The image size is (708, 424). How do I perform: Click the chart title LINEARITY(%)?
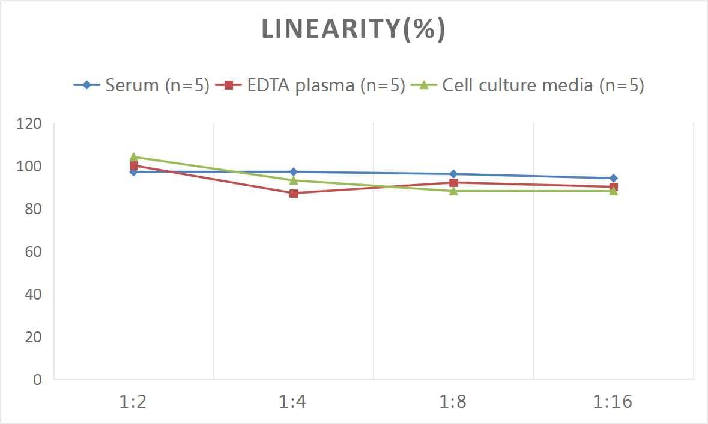click(354, 29)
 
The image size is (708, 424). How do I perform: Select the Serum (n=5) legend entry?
click(142, 85)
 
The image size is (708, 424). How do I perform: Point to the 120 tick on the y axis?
click(29, 124)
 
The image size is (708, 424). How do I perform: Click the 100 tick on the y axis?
click(29, 167)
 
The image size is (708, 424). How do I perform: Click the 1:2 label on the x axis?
click(133, 402)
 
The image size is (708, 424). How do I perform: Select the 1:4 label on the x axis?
click(293, 402)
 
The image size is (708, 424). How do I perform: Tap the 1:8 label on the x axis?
click(453, 402)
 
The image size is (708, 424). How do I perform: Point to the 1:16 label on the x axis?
click(613, 402)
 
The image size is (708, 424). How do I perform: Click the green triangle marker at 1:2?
click(133, 157)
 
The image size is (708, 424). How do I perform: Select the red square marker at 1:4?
click(294, 194)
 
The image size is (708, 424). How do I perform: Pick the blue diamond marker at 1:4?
click(294, 172)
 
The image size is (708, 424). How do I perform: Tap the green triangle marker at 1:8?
click(453, 191)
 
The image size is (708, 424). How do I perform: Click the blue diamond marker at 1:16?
click(613, 178)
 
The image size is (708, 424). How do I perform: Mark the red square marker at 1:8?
click(453, 183)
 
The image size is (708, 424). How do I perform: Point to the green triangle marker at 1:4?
click(294, 180)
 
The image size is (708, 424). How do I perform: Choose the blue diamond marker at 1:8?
click(453, 174)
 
